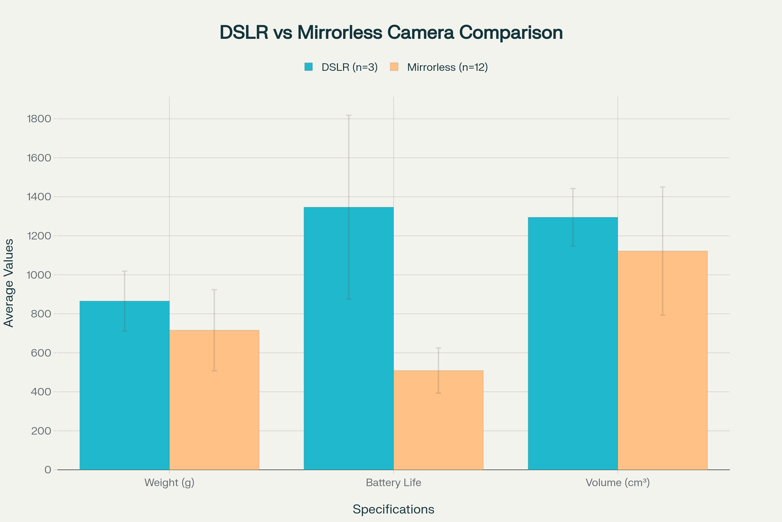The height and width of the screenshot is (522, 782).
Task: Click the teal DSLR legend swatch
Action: (309, 67)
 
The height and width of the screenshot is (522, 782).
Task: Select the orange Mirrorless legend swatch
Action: (394, 67)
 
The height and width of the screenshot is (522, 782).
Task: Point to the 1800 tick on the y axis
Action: (39, 119)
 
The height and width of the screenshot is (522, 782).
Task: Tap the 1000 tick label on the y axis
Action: (39, 275)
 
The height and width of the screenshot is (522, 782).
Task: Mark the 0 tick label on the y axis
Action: (48, 470)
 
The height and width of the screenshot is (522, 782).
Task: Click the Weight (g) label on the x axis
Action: (169, 483)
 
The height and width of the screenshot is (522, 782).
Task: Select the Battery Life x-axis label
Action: (393, 483)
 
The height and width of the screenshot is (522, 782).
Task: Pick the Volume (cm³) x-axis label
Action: (617, 483)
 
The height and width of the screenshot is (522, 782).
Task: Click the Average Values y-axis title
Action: (9, 283)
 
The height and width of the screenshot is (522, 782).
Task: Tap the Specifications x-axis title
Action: (393, 509)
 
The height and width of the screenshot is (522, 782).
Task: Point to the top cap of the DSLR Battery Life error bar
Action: (348, 115)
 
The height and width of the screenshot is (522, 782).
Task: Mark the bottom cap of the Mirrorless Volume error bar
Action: (662, 315)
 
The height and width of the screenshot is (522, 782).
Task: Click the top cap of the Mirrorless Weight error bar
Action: (214, 290)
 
